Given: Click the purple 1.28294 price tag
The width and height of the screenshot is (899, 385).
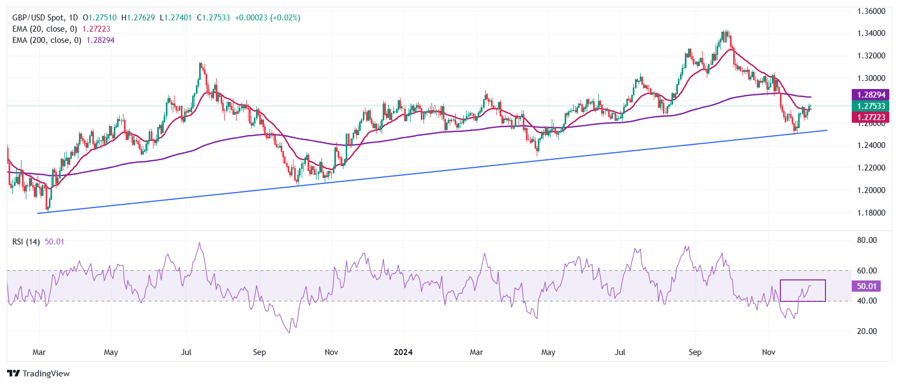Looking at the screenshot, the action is point(870,95).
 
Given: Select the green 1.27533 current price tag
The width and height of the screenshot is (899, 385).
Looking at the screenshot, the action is point(870,106).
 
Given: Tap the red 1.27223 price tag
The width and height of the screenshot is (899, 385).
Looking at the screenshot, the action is point(870,117).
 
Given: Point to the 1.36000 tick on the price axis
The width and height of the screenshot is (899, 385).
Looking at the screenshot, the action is point(871,11).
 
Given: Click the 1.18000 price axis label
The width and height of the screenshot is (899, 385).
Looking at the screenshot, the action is point(871,213).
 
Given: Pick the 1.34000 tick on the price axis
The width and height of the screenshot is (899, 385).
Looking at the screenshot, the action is point(871,33).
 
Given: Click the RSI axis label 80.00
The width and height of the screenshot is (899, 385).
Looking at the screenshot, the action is point(867,240).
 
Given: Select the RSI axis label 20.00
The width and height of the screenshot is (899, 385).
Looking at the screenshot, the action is point(867,331).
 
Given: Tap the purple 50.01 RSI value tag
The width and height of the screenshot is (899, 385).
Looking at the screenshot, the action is point(866,286).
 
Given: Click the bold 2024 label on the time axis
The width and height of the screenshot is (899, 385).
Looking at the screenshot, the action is point(403,352).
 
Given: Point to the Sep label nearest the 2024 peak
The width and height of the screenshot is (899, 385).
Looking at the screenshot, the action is point(695,352).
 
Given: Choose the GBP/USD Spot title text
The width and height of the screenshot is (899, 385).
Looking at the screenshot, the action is point(38,18).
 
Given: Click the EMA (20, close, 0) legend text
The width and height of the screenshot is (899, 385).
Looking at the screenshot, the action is point(45,29).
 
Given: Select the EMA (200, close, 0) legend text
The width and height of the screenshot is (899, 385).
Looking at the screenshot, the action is point(47,40).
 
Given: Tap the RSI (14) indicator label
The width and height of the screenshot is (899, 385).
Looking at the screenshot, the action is point(26,242).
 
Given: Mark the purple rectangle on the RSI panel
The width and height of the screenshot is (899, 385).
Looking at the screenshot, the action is point(803,280).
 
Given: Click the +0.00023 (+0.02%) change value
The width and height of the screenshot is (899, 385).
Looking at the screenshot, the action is point(267,18).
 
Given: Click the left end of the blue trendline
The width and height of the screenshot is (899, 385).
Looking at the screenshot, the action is point(38,213).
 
